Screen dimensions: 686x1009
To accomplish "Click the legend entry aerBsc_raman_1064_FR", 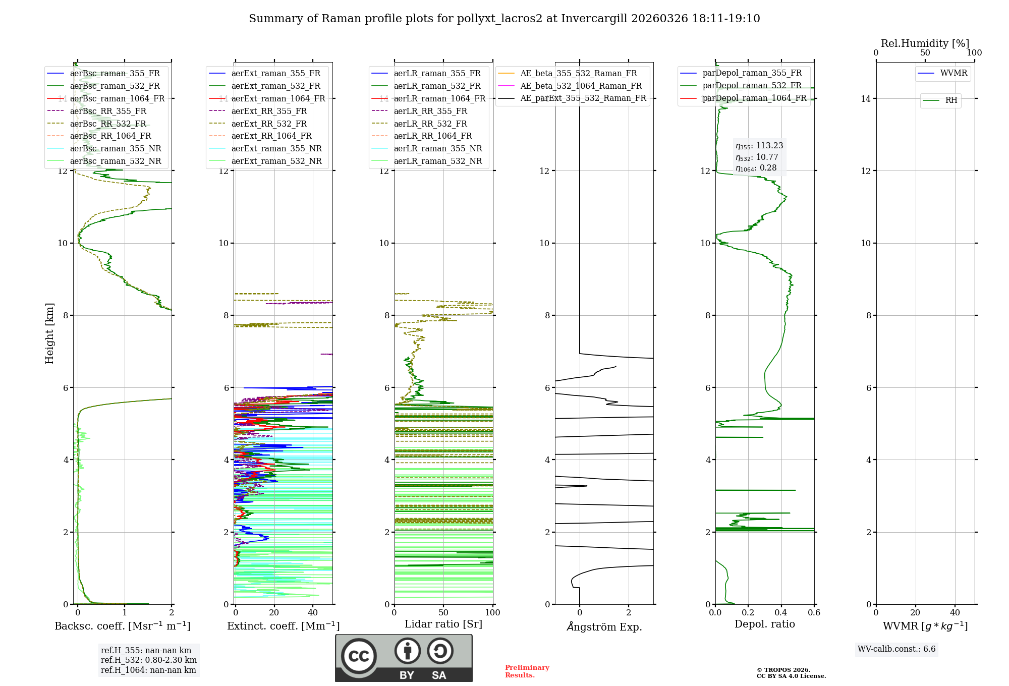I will (117, 98).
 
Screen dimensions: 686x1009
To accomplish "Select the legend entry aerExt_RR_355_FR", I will (269, 111).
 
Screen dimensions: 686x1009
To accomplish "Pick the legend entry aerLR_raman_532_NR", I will (438, 161).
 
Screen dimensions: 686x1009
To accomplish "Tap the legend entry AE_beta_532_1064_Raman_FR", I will (581, 86).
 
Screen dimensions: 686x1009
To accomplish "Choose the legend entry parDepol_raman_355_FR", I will (752, 73).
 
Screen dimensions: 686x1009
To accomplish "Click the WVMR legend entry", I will (954, 73).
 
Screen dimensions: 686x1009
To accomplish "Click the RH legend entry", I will (951, 100).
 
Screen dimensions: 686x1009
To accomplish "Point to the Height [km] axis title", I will (49, 333).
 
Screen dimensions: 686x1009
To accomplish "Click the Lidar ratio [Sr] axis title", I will (443, 624).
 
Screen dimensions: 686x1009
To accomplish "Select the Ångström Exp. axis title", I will (604, 626).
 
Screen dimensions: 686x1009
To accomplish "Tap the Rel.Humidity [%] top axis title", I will (925, 43).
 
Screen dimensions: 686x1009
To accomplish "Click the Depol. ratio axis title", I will (764, 624).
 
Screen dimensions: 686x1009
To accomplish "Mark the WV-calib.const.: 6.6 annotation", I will (896, 649).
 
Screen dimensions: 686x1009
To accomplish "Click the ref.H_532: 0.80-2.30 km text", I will (148, 660).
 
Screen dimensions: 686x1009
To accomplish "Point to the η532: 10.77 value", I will (757, 157).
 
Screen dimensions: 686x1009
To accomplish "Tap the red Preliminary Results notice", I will (527, 671).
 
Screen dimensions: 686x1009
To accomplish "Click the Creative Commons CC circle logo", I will (359, 656).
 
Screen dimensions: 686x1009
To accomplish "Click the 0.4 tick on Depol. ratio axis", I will (781, 612).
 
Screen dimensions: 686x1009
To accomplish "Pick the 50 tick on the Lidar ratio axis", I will (443, 612).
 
